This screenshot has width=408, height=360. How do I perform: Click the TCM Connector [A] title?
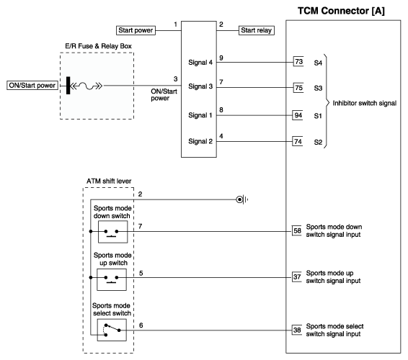[341, 11]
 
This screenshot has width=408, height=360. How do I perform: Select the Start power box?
[136, 30]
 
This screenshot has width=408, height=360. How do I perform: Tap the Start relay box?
[257, 30]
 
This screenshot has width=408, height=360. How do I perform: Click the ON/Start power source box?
[32, 85]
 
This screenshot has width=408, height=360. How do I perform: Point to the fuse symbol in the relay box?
[87, 86]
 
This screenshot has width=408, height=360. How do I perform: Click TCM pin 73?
[298, 62]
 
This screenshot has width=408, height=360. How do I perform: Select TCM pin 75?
[298, 88]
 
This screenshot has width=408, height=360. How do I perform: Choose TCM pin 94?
[298, 115]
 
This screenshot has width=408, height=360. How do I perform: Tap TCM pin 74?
[298, 141]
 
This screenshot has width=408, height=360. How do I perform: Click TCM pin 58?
[297, 230]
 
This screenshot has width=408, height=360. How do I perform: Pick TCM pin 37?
[297, 276]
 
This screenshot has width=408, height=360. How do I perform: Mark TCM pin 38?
[297, 330]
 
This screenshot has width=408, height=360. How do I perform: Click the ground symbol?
[241, 199]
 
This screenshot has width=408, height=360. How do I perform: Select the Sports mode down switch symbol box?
[113, 232]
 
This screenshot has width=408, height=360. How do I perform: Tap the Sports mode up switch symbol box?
[112, 279]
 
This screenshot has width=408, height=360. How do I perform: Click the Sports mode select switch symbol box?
[112, 330]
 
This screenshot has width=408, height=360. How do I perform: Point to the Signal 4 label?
[200, 63]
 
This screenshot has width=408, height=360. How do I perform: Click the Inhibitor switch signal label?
[365, 103]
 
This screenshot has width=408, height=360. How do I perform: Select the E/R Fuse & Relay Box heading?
[98, 46]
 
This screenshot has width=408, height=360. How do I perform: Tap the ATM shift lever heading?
[109, 181]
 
